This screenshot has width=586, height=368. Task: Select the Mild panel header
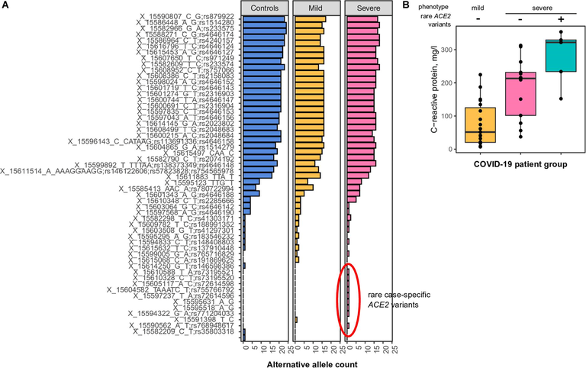(x=316, y=7)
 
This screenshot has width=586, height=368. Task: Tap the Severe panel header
(x=366, y=7)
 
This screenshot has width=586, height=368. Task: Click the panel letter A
(x=5, y=6)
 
